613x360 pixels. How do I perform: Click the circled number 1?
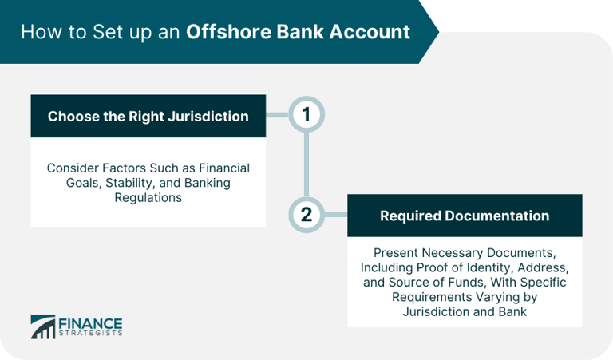click(x=306, y=117)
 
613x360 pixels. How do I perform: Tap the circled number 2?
click(x=306, y=216)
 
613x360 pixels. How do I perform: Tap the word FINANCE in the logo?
click(x=89, y=322)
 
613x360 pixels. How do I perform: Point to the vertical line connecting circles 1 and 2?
click(x=306, y=166)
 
